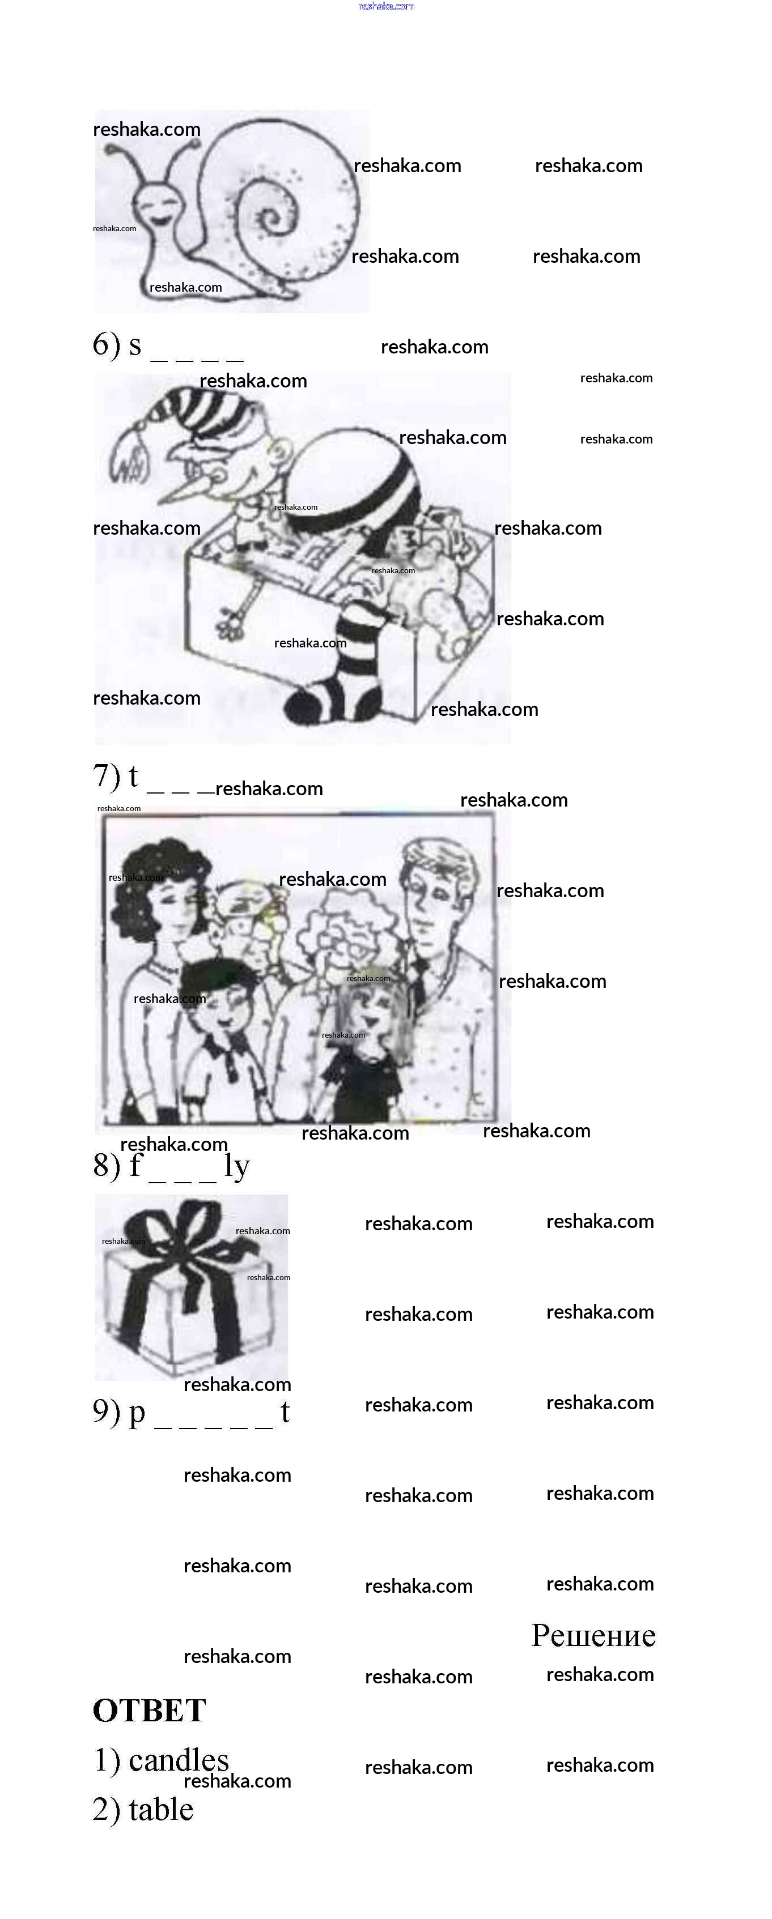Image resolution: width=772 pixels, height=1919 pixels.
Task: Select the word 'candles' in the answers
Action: (x=179, y=1760)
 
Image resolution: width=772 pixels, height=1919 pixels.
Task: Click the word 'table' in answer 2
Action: (x=161, y=1810)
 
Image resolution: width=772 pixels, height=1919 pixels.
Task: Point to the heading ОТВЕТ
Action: (x=149, y=1711)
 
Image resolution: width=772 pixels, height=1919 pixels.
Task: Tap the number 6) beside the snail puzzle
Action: (x=107, y=344)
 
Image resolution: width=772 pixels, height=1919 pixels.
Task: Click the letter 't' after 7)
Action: (x=133, y=776)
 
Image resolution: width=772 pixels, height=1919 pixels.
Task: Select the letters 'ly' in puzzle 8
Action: (x=237, y=1167)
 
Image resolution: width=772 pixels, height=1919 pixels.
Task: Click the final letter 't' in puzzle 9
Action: (x=285, y=1411)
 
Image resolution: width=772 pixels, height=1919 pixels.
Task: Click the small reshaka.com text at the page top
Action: (x=386, y=6)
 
